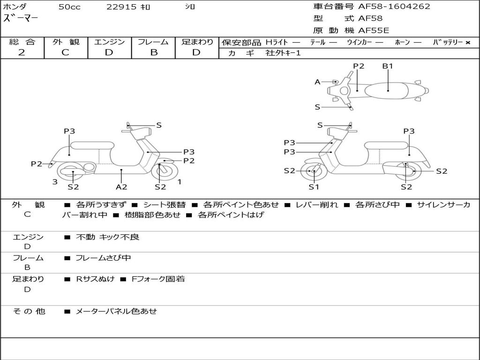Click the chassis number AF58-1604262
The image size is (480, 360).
tap(394, 6)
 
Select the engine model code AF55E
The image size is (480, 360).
tap(374, 30)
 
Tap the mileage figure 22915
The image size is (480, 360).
tap(121, 7)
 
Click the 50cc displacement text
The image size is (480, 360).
tap(69, 7)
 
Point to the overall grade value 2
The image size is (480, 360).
tap(22, 52)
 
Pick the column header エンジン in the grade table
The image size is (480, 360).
tap(109, 42)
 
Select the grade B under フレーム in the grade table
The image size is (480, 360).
tap(154, 52)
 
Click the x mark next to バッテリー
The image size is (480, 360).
tap(468, 43)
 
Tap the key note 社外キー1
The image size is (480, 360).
tap(283, 53)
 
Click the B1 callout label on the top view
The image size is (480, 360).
tap(388, 66)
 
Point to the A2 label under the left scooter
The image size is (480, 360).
tap(121, 187)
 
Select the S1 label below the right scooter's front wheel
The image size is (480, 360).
tap(314, 187)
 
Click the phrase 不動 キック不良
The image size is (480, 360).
tap(107, 237)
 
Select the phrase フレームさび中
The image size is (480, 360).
tap(103, 258)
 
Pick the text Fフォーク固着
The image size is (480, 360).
tap(158, 279)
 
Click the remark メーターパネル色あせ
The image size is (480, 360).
tap(116, 311)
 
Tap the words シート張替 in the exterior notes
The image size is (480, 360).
tap(165, 204)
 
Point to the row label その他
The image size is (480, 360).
tap(29, 311)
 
